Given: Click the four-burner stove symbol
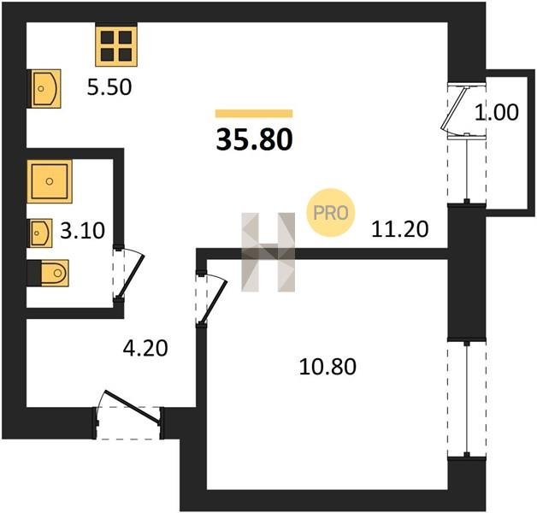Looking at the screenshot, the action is [x=116, y=46].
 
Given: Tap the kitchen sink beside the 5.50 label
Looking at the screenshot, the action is [x=46, y=89].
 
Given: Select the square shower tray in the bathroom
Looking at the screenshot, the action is [x=50, y=181].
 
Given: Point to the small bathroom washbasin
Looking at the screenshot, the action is [x=41, y=233].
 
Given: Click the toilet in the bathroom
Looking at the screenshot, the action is [x=55, y=273].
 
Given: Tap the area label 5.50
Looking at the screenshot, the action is [x=109, y=87].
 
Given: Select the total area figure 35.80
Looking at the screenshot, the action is [x=255, y=139].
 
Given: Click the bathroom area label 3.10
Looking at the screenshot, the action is [x=83, y=231].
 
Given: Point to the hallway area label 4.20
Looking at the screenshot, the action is [x=145, y=348].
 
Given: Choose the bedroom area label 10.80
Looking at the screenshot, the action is [x=328, y=367].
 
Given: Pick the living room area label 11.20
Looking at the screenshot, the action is [x=400, y=229].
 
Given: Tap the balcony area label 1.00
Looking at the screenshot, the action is [x=497, y=112].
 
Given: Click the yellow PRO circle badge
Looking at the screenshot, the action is [x=330, y=213].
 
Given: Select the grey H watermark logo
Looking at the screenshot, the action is [x=268, y=252].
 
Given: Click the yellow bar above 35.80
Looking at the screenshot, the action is [x=254, y=114].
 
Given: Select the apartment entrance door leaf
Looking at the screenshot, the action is [x=133, y=407].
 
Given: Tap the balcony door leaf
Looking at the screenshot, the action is [x=454, y=108].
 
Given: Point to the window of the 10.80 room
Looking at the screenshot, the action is [x=466, y=398].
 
